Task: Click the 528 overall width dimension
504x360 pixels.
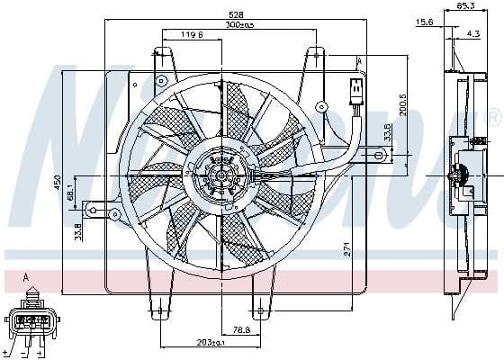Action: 235,13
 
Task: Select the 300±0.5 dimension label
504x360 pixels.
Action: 239,24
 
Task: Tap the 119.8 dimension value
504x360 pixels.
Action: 189,36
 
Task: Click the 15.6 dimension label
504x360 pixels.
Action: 424,22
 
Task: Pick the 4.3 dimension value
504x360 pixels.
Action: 472,34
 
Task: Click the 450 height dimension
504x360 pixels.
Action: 57,184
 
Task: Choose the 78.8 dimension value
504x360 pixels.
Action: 240,329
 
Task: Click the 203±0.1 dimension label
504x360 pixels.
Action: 209,342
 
